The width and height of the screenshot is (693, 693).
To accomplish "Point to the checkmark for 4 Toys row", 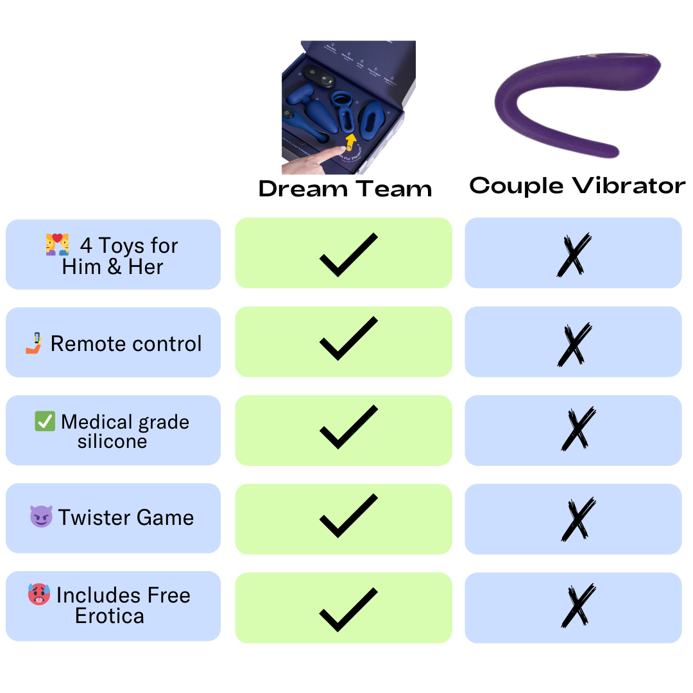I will tap(348, 255).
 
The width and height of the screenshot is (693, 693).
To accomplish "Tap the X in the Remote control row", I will tap(574, 344).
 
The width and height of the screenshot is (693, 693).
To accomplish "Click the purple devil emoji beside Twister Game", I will tap(41, 517).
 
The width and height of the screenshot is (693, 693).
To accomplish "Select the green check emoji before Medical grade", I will tap(45, 422).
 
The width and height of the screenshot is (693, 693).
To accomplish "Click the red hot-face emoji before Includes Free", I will tap(39, 594).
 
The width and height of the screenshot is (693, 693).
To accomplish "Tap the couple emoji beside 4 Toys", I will tap(57, 245).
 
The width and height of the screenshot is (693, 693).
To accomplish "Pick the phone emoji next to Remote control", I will tap(34, 343).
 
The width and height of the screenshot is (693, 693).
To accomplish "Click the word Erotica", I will tap(110, 616).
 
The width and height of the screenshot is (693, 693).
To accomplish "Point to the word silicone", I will tap(112, 441).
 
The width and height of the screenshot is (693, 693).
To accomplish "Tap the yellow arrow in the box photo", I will tap(350, 141).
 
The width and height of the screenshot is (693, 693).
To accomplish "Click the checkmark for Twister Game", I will tap(348, 516).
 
